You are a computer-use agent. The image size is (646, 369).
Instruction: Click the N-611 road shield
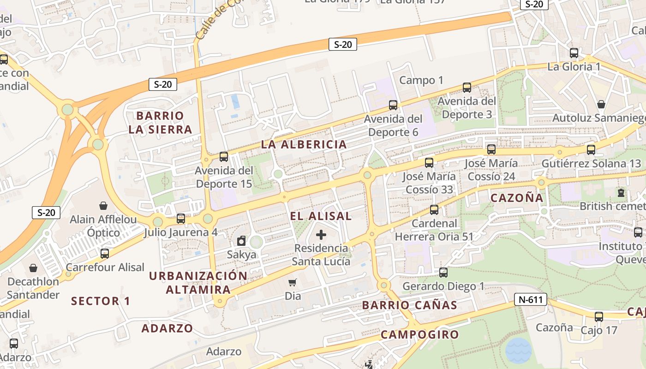coord(531,300)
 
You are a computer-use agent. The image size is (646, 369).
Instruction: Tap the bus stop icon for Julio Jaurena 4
coord(181,219)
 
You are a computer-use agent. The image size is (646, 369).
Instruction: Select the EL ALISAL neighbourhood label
coord(321,216)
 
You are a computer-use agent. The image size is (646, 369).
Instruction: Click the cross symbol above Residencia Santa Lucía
coord(321,235)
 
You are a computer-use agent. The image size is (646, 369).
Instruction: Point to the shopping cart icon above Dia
coord(293,282)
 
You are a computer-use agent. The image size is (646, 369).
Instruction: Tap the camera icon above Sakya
coord(241,241)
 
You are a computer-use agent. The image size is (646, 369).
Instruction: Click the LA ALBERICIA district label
coord(304,144)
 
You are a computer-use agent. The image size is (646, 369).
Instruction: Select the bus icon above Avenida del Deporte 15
coord(224,157)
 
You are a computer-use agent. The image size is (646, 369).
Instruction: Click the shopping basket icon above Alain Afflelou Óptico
coord(103,206)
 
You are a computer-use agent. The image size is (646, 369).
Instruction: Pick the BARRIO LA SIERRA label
coord(160,122)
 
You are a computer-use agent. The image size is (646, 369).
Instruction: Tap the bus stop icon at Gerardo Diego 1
coord(443,273)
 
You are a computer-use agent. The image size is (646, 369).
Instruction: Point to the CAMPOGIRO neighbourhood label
coord(420,334)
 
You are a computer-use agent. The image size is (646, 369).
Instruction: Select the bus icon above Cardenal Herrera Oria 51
coord(434,210)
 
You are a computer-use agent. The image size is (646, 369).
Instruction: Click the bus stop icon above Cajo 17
coord(599,317)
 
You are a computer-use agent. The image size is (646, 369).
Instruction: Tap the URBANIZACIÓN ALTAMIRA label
coord(198,283)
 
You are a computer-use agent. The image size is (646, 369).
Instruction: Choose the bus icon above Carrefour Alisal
coord(105,253)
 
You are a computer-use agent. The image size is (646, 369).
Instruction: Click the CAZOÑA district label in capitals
coord(517,198)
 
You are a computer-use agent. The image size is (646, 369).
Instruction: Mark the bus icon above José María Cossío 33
coord(429,162)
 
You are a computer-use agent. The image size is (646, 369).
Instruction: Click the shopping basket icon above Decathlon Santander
coord(33,268)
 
